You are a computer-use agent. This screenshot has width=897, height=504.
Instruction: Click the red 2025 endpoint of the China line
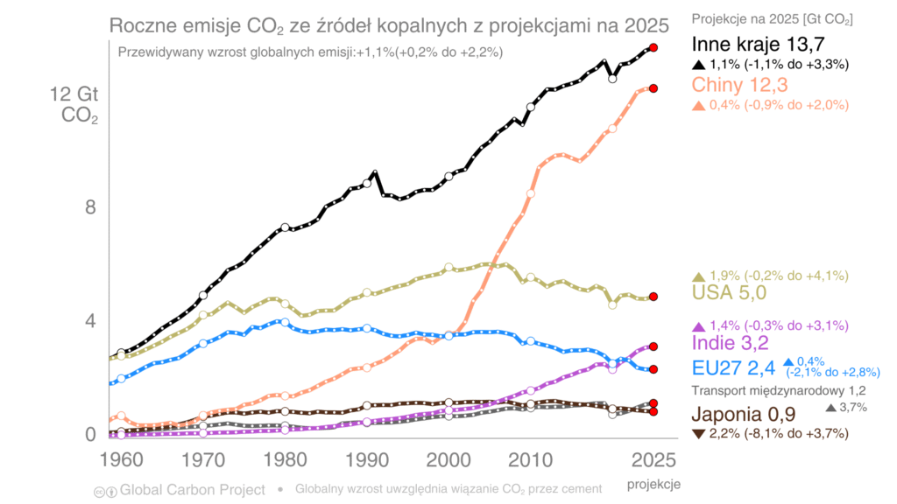tap(653, 88)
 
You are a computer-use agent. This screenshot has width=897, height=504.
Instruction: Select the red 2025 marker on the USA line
tap(653, 297)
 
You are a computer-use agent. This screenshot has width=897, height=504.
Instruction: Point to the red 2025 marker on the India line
tap(653, 346)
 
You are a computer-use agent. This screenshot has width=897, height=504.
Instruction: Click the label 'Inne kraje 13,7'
tap(759, 45)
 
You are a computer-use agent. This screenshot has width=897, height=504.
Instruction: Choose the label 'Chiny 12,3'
tap(740, 85)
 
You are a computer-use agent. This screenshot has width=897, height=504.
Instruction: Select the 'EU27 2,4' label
tap(733, 367)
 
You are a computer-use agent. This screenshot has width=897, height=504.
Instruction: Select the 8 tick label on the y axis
tap(89, 207)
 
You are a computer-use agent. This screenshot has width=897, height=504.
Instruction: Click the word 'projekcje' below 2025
tap(653, 483)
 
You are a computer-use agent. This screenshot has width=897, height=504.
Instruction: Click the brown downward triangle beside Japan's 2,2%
tap(698, 433)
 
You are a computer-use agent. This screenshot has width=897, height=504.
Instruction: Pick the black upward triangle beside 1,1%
tap(698, 64)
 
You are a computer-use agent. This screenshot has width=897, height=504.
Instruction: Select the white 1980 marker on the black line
tap(285, 227)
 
